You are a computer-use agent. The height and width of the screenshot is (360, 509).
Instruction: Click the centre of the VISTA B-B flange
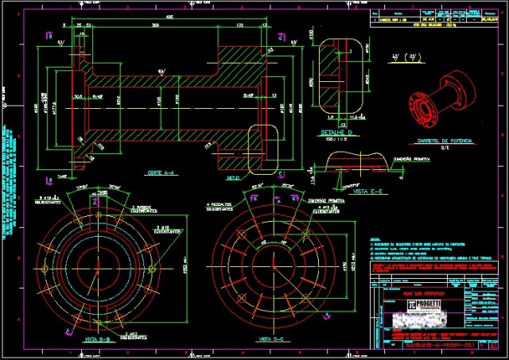(97, 260)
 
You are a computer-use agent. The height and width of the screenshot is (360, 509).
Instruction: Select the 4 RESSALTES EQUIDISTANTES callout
(220, 207)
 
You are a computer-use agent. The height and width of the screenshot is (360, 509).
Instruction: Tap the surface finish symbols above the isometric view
(410, 56)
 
